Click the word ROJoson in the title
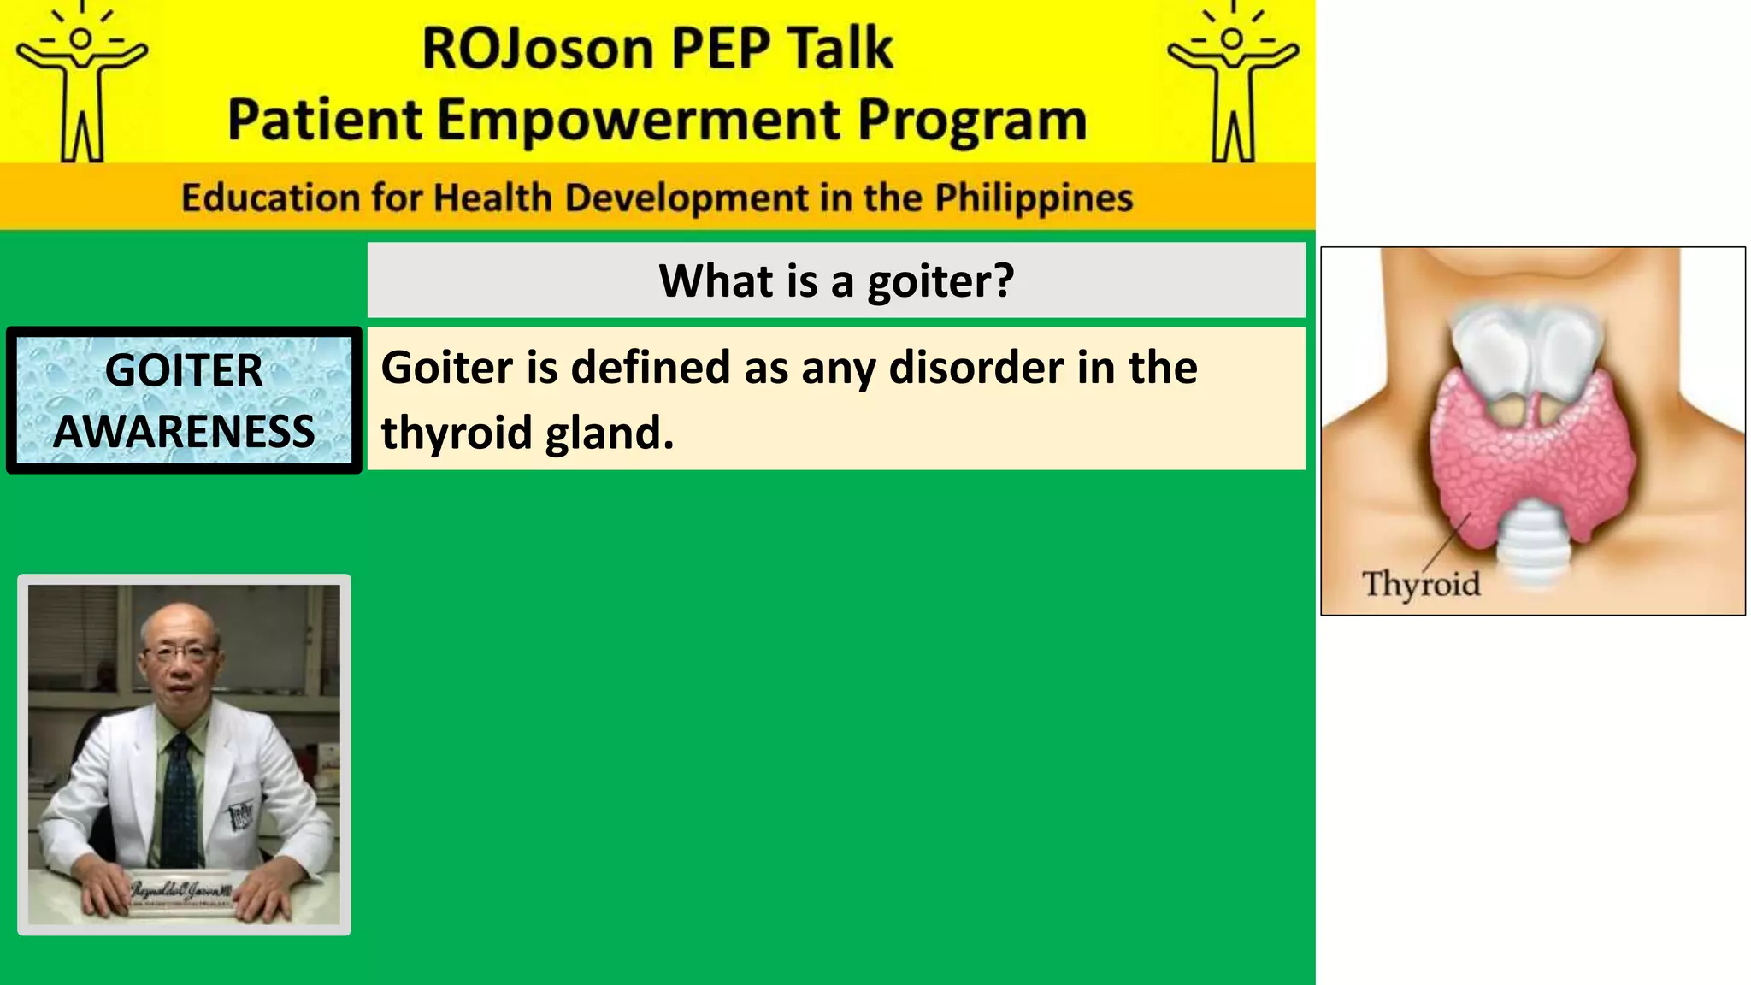(538, 48)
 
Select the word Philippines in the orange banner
(1033, 198)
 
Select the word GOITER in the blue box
(184, 370)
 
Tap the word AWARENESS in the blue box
(184, 431)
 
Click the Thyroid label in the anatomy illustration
(1421, 584)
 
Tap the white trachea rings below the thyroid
(1534, 547)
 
